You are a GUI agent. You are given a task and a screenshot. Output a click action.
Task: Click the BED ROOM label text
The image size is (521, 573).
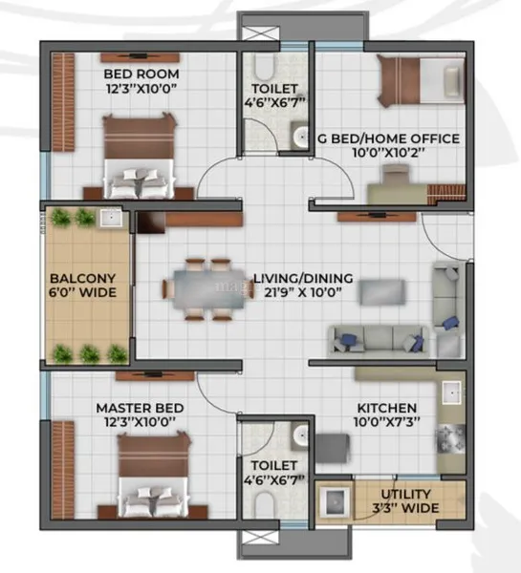[141, 74]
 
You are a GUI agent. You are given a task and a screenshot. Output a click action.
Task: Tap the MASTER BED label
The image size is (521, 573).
[140, 408]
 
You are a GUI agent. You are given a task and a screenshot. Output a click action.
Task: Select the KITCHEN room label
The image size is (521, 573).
[387, 408]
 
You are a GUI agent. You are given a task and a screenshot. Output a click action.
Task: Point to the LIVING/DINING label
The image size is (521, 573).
[303, 279]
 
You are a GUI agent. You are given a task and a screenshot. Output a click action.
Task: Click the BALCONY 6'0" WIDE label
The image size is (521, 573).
[82, 286]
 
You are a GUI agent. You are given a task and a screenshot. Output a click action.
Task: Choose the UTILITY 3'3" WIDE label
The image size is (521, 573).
[405, 501]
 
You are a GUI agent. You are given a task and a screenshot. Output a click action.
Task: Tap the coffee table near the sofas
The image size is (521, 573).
[382, 292]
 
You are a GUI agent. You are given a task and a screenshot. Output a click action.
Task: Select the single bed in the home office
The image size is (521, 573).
[421, 81]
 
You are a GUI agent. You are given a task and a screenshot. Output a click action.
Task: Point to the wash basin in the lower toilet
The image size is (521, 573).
[301, 435]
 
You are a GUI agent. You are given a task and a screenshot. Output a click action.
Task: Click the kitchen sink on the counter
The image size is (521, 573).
[451, 393]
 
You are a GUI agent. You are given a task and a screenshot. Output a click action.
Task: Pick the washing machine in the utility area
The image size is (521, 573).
[335, 502]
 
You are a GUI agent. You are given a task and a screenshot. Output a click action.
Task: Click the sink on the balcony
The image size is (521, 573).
[111, 218]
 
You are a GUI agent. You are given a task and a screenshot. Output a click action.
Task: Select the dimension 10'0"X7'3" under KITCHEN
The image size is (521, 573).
[387, 422]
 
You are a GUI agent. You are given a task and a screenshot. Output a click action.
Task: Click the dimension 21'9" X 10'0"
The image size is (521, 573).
[303, 292]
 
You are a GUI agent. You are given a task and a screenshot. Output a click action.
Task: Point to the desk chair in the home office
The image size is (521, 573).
[395, 174]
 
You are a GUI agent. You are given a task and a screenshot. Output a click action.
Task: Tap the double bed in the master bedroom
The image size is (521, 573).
[153, 475]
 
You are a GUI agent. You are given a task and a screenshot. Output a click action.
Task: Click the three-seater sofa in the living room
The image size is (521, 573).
[378, 340]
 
